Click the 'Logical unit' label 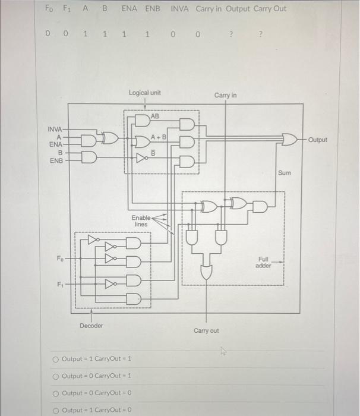click(144, 93)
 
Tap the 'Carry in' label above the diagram click(225, 95)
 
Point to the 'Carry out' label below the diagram click(206, 330)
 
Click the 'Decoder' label click(91, 326)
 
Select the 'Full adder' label click(263, 262)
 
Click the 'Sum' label click(285, 173)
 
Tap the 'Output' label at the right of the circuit click(318, 140)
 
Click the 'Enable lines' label click(141, 221)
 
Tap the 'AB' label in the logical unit click(155, 116)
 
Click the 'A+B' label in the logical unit click(159, 137)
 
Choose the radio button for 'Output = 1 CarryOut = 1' click(56, 359)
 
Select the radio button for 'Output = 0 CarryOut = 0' click(56, 393)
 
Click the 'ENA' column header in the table click(130, 9)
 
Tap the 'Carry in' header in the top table click(212, 9)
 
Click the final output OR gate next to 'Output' click(290, 140)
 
